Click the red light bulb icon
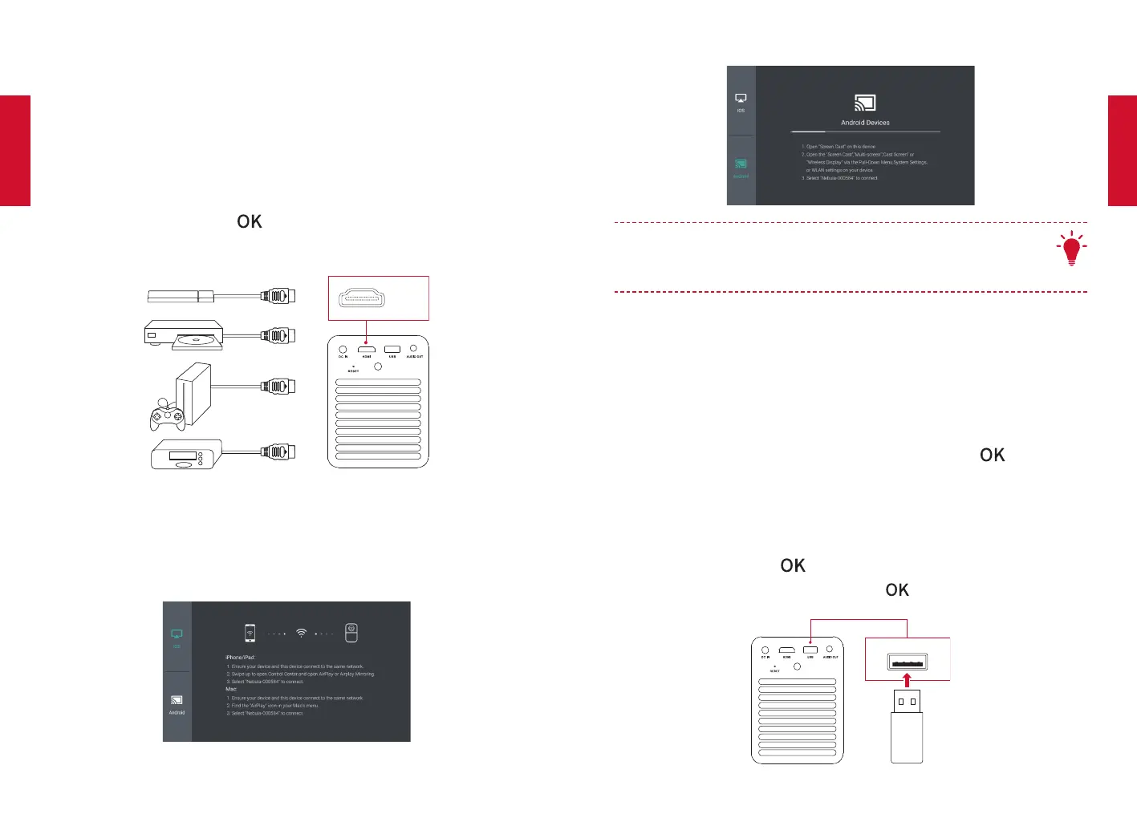1071,249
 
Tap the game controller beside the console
168,415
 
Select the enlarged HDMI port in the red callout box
362,298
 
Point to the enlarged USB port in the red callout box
908,662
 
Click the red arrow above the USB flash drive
907,680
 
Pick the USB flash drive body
907,736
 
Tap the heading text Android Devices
865,123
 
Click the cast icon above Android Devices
865,103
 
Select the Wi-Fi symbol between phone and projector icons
302,633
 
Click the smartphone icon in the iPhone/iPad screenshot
250,633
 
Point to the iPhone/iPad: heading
240,658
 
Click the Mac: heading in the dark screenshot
231,690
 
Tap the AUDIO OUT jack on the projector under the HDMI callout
413,349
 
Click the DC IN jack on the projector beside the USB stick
765,650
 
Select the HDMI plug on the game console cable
278,387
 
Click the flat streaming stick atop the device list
181,296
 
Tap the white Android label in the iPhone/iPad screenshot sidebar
177,712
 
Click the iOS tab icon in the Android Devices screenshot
741,99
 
